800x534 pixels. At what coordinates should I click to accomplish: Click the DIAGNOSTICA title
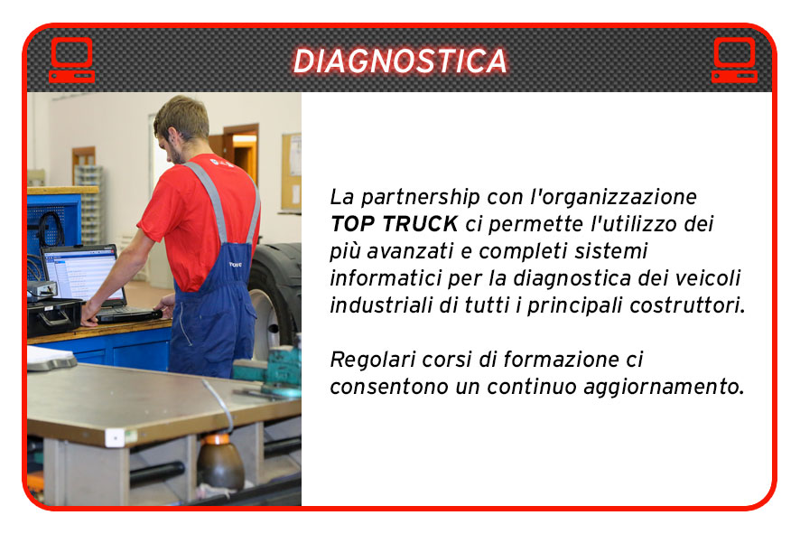pos(400,61)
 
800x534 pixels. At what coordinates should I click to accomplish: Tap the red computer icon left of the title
pos(72,60)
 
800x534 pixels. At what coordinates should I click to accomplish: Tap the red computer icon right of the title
pos(735,60)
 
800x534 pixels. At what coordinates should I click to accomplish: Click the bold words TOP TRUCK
pos(395,223)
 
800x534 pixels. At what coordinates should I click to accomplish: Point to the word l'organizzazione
pos(613,198)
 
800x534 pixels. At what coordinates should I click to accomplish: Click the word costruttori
pos(687,305)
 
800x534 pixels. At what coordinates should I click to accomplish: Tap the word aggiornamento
pos(664,387)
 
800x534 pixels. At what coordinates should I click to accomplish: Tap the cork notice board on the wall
pos(292,172)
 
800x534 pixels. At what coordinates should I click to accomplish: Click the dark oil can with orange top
pos(220,461)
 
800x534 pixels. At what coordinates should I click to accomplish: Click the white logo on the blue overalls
pos(235,265)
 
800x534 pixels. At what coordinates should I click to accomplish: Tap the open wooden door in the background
pos(241,154)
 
